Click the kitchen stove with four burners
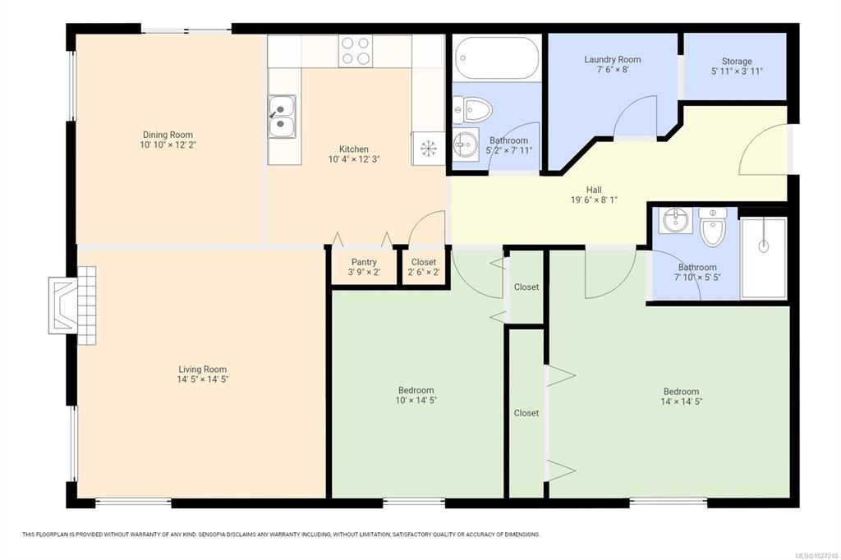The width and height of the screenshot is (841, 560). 356,52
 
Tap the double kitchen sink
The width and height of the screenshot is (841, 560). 283,117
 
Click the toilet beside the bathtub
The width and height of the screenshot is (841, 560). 472,110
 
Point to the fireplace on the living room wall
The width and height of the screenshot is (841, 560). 72,305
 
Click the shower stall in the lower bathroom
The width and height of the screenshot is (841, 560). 764,258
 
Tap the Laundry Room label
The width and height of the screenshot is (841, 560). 613,60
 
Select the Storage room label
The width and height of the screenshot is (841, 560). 737,61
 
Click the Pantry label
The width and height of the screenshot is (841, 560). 364,262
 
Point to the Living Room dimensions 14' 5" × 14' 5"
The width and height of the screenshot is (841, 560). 203,379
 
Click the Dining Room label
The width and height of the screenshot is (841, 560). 168,135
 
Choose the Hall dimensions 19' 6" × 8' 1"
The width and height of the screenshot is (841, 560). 594,200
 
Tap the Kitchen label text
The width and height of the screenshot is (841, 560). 354,149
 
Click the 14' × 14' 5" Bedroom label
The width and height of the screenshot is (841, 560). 681,397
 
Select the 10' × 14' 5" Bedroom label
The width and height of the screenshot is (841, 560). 416,395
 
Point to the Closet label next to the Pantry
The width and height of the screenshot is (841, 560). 424,262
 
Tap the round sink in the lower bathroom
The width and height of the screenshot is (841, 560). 675,220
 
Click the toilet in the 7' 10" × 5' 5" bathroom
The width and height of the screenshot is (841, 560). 713,227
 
